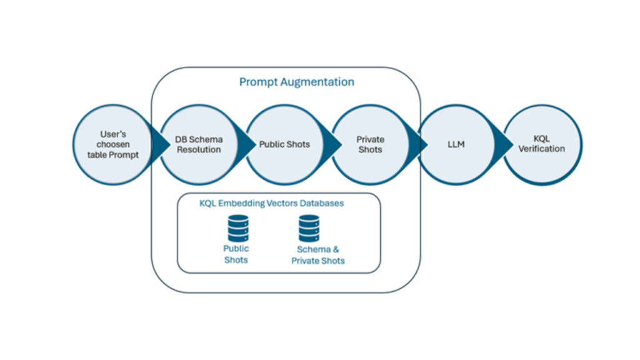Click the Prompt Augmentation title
[296, 82]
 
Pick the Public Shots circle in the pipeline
[285, 144]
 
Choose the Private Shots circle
[370, 144]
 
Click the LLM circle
[456, 144]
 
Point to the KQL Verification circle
[542, 144]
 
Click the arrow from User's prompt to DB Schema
[161, 144]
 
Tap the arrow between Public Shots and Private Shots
[332, 144]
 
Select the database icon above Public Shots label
[237, 228]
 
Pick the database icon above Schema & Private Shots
[309, 228]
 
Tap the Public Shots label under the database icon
[236, 254]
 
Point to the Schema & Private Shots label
[318, 255]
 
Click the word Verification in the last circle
[542, 149]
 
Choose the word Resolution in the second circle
[197, 149]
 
